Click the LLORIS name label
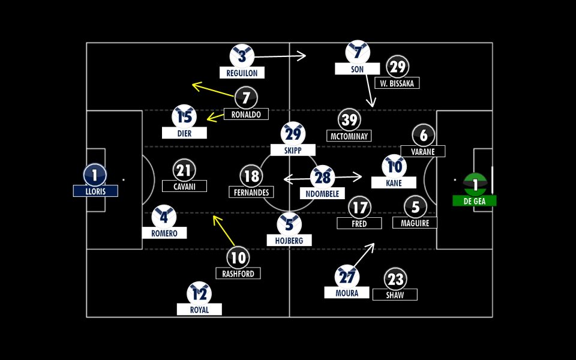(95, 191)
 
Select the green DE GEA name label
(475, 201)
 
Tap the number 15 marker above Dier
(184, 116)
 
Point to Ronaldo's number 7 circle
(246, 97)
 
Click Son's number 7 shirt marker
(358, 53)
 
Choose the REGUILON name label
(242, 73)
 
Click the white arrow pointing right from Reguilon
(280, 56)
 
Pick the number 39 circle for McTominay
(349, 119)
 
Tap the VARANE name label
(423, 151)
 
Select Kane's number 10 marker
(394, 166)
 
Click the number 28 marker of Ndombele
(323, 177)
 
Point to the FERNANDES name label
(251, 192)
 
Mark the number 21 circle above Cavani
(184, 170)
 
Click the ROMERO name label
(164, 233)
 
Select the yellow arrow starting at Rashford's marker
(224, 231)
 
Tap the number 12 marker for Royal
(199, 293)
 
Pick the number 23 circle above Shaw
(395, 279)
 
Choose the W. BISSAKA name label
(397, 83)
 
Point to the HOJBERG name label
(289, 240)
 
